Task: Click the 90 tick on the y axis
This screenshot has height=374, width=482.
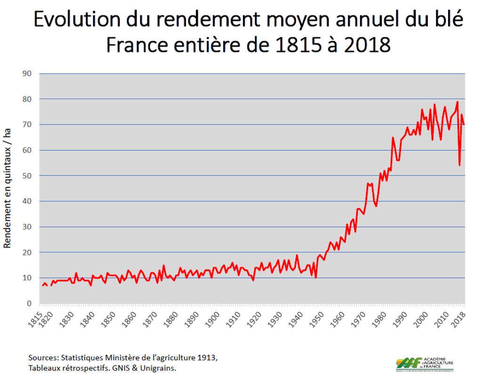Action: pos(28,73)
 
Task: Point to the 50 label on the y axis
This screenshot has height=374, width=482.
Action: pos(28,176)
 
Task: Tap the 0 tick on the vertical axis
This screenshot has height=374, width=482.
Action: pos(30,303)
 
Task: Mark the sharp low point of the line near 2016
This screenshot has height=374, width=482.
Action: pos(459,165)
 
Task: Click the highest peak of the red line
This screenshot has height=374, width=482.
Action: pos(457,102)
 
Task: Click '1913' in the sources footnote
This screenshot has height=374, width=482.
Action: pos(209,357)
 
